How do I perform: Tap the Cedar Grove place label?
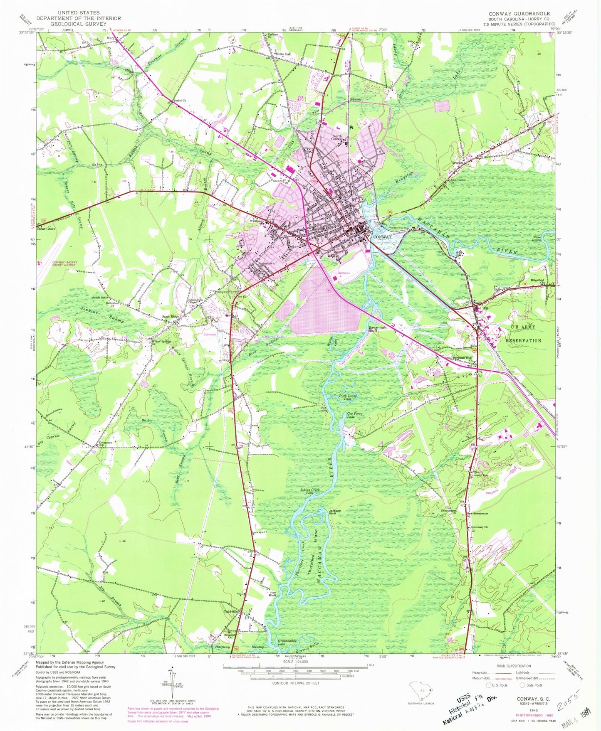pyautogui.click(x=46, y=229)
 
